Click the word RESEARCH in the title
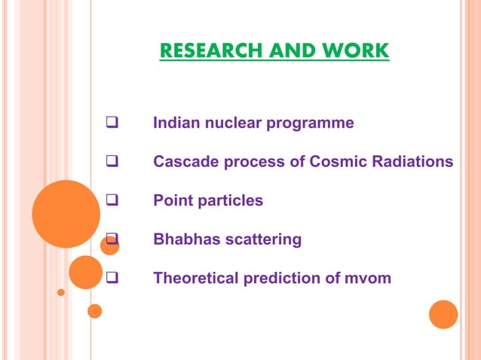point(201,51)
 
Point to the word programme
point(310,123)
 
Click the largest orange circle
point(66,214)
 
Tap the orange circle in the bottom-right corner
point(443,314)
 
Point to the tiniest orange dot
point(61,292)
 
